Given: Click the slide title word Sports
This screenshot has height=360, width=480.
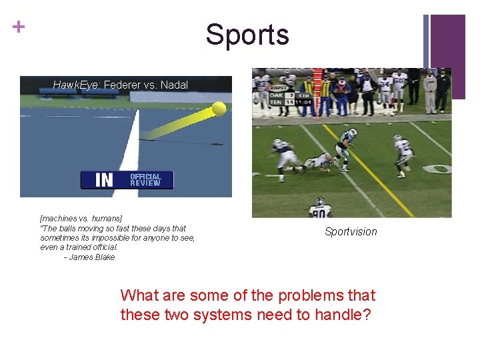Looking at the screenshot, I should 247,34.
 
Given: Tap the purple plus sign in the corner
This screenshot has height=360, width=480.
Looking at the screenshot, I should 19,27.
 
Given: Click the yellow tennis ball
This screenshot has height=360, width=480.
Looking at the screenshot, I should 218,108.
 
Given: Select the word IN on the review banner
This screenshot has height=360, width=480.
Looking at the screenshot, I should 105,180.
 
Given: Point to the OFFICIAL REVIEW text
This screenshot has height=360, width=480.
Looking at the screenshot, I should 145,180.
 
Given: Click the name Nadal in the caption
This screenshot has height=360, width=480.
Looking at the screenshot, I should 174,85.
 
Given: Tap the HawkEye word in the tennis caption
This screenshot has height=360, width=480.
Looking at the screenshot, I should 76,85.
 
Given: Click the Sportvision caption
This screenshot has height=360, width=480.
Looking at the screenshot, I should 351,232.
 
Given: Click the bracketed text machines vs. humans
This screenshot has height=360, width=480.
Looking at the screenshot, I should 81,218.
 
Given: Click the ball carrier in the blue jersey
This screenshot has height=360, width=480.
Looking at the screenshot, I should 347,147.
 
